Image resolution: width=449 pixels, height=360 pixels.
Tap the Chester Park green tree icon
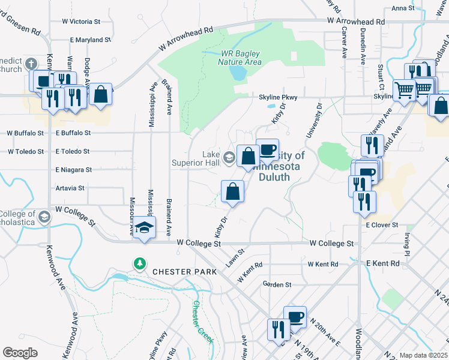point(139,263)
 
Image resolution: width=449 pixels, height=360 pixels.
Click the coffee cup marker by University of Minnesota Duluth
point(268,149)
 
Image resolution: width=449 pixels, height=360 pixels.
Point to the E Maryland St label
point(91,40)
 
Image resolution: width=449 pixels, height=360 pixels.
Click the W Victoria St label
point(81,21)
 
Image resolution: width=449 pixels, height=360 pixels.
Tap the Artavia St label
point(70,188)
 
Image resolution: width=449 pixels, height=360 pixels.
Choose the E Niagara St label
point(73,170)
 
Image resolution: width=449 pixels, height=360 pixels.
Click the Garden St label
point(277,284)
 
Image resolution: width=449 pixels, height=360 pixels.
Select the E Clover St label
point(382,224)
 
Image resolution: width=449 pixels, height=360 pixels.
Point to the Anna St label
point(403,8)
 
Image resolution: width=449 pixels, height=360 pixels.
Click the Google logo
point(20,352)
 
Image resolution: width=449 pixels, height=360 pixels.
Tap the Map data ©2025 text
point(423,355)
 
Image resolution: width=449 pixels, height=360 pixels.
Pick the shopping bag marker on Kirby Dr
point(233,191)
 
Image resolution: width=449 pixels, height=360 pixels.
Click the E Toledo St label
point(72,152)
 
